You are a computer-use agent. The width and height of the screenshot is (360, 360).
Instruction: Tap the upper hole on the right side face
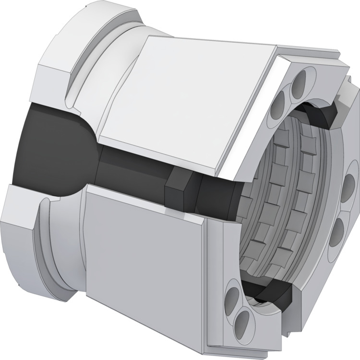click(x=348, y=182)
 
